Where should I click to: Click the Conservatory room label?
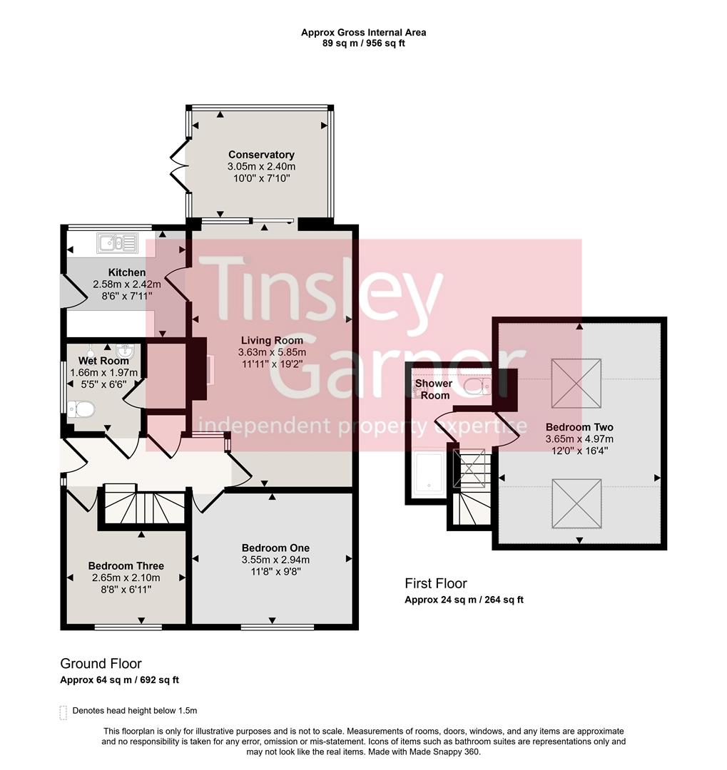pyautogui.click(x=261, y=155)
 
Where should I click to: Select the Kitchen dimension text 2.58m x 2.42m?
pyautogui.click(x=127, y=284)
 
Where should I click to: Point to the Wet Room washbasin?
pyautogui.click(x=126, y=350)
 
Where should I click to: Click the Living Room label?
pyautogui.click(x=272, y=341)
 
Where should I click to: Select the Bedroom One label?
pyautogui.click(x=275, y=548)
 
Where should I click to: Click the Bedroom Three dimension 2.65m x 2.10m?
pyautogui.click(x=126, y=577)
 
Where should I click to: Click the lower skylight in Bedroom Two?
pyautogui.click(x=576, y=504)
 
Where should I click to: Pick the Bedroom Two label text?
pyautogui.click(x=579, y=427)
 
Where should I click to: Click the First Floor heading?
pyautogui.click(x=435, y=584)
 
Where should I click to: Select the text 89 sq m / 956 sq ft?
pyautogui.click(x=363, y=43)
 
